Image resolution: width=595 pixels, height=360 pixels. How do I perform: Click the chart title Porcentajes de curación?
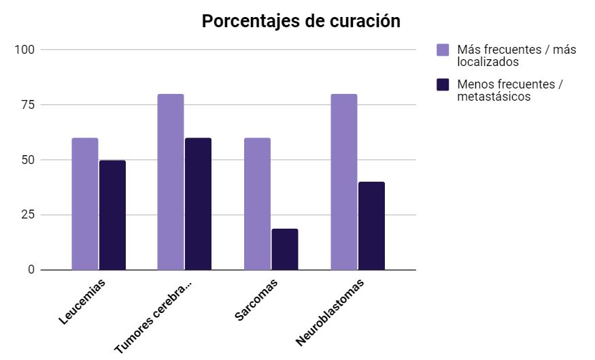click(x=301, y=21)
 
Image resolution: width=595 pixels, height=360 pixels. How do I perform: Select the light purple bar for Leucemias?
click(x=85, y=203)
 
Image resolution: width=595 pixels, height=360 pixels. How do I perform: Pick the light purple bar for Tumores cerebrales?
click(x=171, y=182)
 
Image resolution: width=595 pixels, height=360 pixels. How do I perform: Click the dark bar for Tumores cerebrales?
click(x=198, y=203)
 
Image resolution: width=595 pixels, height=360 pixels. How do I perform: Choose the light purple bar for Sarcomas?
click(x=257, y=203)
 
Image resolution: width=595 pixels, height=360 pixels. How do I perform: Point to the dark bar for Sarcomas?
click(x=285, y=249)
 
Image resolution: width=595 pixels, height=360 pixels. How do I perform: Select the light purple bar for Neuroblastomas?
click(x=344, y=182)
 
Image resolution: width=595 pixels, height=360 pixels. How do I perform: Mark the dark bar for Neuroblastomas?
click(x=371, y=225)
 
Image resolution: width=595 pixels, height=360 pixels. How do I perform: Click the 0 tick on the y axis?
click(x=31, y=270)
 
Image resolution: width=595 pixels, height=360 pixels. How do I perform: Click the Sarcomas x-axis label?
click(x=256, y=300)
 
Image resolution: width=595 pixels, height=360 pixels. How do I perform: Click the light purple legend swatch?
click(x=443, y=50)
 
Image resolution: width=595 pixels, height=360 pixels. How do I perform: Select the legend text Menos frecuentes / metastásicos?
click(x=511, y=91)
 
